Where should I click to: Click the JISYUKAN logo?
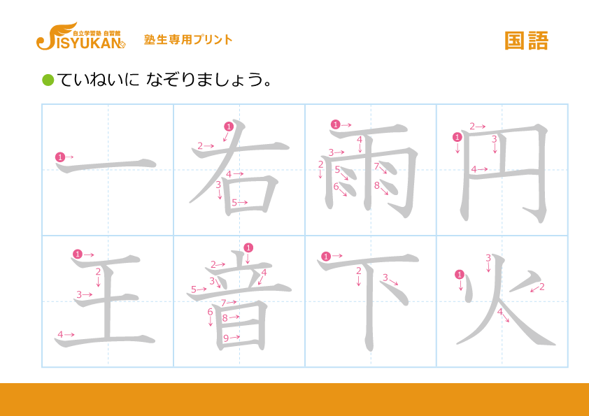coord(80,36)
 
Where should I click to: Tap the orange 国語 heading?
coord(526,41)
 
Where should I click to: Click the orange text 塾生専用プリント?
coord(188,39)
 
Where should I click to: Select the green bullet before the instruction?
coord(48,80)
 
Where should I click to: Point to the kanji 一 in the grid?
coord(106,165)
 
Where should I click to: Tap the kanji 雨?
coord(370,171)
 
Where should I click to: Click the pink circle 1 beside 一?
coord(60,157)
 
